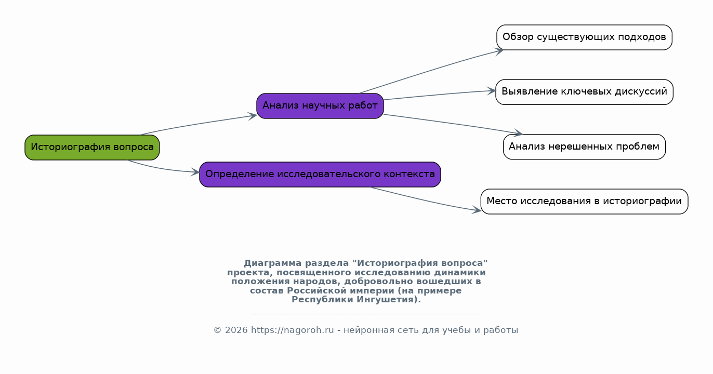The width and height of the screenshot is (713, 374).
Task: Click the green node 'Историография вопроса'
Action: pyautogui.click(x=92, y=147)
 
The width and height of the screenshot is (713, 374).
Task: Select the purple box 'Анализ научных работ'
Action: pyautogui.click(x=320, y=106)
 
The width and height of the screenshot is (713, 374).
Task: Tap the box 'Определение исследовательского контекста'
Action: pyautogui.click(x=320, y=175)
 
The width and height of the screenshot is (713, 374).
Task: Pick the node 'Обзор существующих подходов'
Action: pyautogui.click(x=584, y=37)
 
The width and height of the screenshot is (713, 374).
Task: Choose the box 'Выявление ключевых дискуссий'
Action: pyautogui.click(x=584, y=92)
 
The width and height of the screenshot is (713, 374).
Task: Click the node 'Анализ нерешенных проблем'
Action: pyautogui.click(x=584, y=146)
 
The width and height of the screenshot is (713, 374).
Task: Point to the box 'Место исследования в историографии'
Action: pyautogui.click(x=584, y=202)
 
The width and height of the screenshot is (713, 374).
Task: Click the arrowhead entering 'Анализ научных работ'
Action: pyautogui.click(x=253, y=116)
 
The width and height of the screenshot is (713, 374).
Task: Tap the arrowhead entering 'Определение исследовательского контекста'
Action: pyautogui.click(x=195, y=172)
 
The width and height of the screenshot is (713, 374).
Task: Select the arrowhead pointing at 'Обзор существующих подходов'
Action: pyautogui.click(x=499, y=51)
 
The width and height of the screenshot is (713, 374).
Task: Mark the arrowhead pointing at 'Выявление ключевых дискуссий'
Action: pyautogui.click(x=492, y=91)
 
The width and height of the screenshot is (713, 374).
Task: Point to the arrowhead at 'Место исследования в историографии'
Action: pyautogui.click(x=477, y=210)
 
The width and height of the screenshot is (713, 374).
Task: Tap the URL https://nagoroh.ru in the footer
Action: pyautogui.click(x=292, y=330)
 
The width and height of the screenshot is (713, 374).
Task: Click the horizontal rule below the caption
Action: pyautogui.click(x=366, y=314)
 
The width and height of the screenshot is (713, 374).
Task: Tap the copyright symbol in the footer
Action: pyautogui.click(x=217, y=330)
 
